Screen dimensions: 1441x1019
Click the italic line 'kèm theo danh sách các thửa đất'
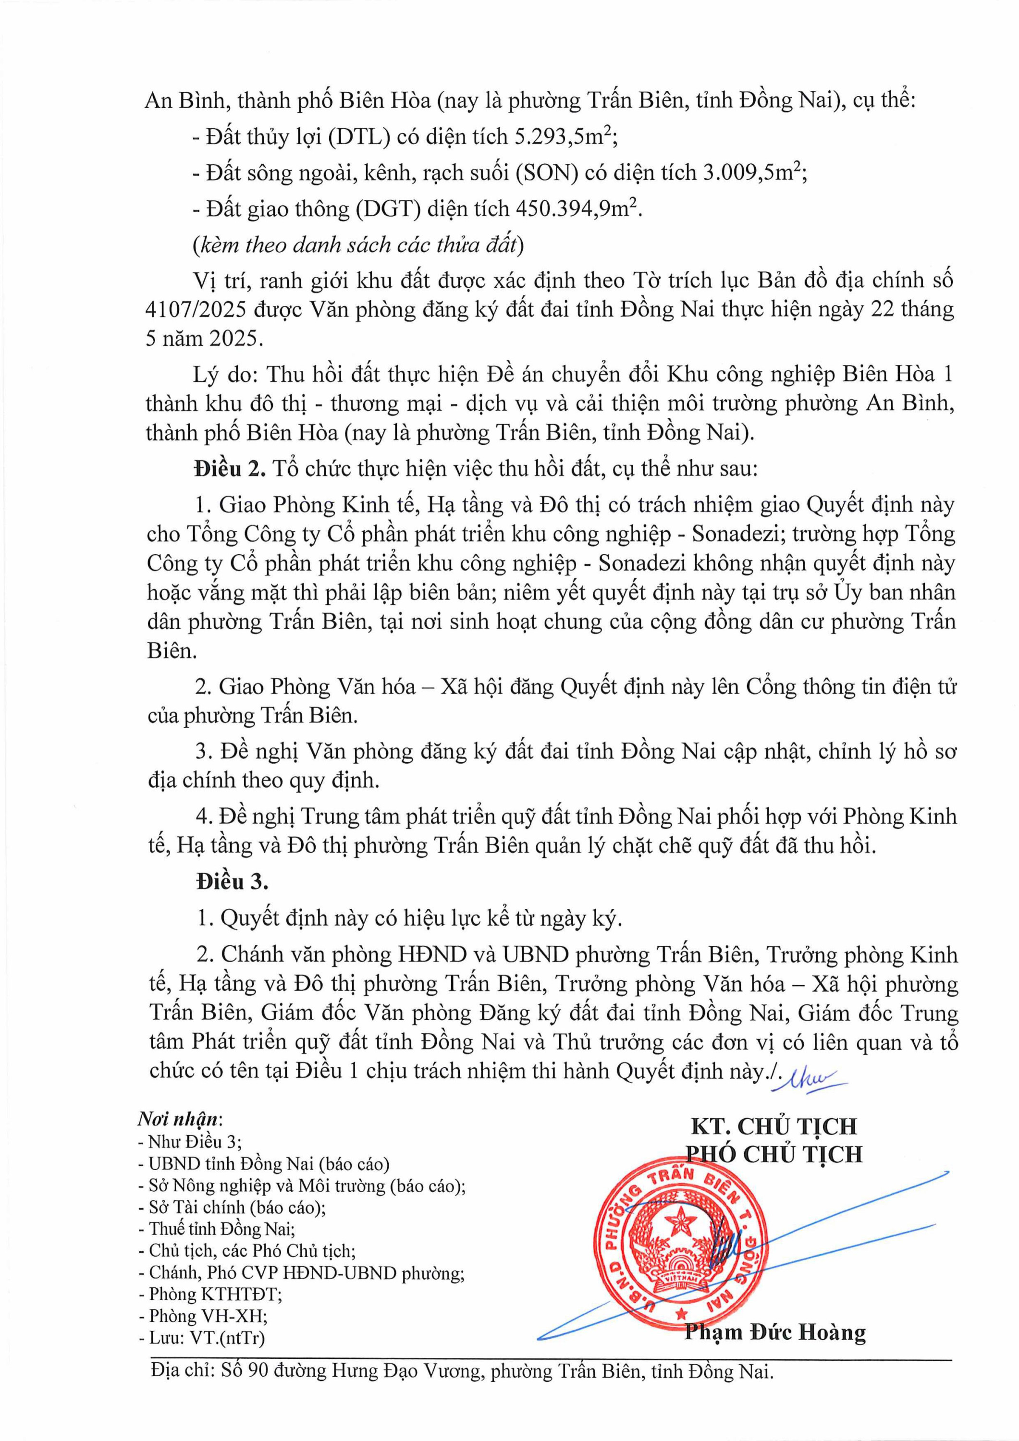358,245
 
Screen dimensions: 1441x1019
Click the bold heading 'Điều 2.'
231,469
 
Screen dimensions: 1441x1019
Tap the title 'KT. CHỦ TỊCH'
773,1126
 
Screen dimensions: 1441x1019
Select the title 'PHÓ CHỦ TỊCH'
773,1154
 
